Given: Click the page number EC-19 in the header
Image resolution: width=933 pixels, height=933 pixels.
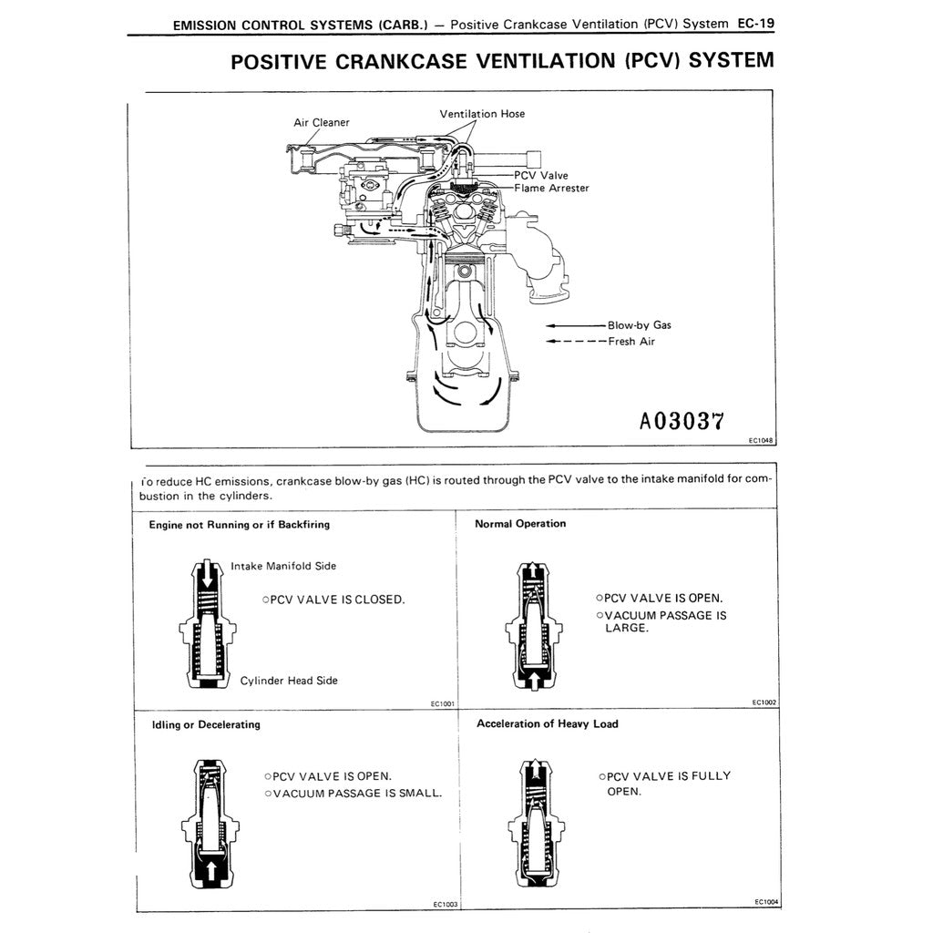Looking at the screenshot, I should click(754, 24).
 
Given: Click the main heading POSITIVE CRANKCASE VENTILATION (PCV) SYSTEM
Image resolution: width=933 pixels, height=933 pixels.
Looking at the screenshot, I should click(502, 61).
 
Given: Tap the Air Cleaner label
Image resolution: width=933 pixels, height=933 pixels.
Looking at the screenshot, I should click(321, 122).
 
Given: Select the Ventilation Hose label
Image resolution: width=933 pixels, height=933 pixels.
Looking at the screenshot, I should click(482, 114).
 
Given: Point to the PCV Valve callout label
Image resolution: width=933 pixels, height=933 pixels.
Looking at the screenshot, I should click(540, 175).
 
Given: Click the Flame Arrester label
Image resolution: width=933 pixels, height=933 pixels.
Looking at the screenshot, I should click(551, 188).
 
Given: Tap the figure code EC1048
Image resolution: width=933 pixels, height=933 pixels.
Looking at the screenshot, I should click(760, 439).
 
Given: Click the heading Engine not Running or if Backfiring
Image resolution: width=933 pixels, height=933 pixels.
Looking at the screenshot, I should click(239, 525).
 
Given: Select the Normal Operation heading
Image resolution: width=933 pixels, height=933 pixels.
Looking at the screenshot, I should click(520, 524).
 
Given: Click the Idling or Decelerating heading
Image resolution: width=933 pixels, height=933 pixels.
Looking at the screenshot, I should click(205, 724).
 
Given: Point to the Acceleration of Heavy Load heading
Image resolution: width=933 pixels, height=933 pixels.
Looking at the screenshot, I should click(547, 723).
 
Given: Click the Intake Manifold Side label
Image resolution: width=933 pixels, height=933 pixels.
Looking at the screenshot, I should click(283, 566).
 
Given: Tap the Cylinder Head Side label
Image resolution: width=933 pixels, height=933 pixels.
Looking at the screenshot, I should click(289, 681).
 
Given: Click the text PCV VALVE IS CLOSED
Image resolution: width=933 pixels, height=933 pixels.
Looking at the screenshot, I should click(333, 600).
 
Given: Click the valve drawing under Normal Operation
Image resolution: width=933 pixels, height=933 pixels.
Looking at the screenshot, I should click(529, 627).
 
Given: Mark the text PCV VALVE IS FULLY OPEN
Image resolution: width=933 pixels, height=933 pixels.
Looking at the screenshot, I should click(668, 784).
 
